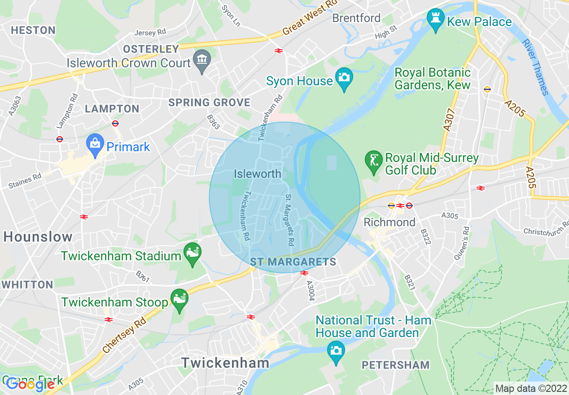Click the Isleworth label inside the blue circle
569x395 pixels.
tap(257, 174)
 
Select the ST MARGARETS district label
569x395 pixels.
tap(293, 262)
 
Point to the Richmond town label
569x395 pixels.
tap(389, 222)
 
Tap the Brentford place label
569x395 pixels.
tap(356, 18)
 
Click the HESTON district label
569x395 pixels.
tap(33, 31)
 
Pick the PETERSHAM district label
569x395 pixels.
tap(396, 365)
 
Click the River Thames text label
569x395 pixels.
tap(535, 67)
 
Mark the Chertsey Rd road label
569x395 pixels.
tap(124, 335)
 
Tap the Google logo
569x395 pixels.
tap(30, 384)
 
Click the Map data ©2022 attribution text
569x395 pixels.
tap(530, 389)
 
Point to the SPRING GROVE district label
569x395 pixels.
tap(209, 103)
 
